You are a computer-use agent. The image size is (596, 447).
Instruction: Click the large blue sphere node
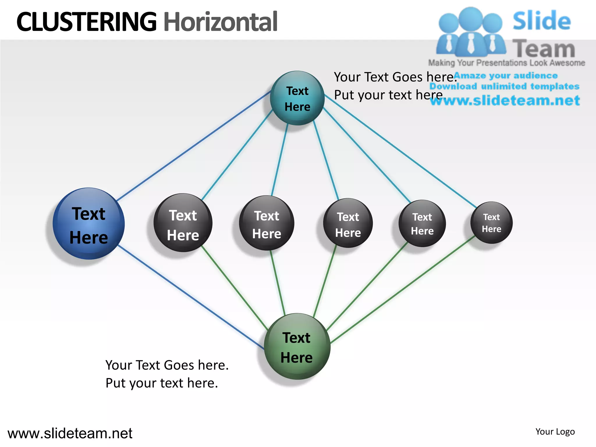coord(89,223)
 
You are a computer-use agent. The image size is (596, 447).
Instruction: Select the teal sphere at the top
coord(297,98)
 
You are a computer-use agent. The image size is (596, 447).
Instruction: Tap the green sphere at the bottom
coord(297,346)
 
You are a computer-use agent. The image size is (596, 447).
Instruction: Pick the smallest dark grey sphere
coord(491,223)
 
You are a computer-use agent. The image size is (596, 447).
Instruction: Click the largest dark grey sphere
coord(183,223)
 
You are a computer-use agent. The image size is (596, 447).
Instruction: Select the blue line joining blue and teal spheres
coord(194,146)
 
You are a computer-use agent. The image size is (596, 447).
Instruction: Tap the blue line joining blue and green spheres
coord(191,297)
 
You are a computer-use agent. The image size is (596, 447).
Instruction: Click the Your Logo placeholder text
coord(555,432)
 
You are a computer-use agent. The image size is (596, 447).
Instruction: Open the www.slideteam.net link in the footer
coord(70,433)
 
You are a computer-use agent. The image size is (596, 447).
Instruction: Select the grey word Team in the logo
coord(543,49)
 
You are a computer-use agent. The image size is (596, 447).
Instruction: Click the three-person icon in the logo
coord(471,32)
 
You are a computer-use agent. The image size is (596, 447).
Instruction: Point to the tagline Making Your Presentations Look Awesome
coord(506,63)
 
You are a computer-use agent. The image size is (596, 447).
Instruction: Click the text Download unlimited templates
coord(504,86)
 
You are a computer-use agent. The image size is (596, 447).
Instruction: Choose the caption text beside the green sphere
coord(167,374)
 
